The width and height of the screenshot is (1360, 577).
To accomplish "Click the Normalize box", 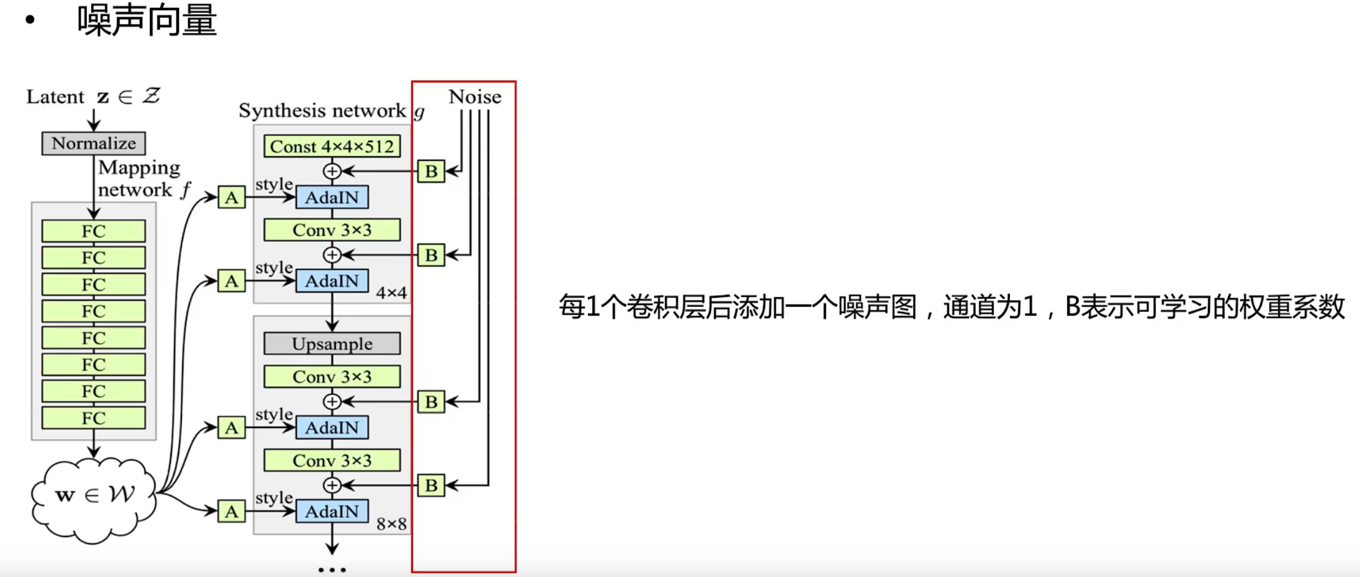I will tap(93, 143).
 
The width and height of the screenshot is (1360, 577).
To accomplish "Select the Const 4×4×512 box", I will tap(332, 146).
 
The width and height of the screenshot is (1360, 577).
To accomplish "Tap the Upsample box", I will tap(332, 343).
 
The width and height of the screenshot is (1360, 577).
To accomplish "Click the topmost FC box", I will tap(93, 231).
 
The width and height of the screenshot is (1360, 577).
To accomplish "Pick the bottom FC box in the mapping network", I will tap(93, 418).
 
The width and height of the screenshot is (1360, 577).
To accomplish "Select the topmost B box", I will tap(431, 171).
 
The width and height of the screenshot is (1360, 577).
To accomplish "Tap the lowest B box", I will tap(431, 485).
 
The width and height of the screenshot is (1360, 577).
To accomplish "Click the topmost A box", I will tap(231, 197).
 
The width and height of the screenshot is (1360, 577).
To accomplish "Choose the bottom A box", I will tap(231, 511).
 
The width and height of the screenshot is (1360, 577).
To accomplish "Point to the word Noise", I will tap(474, 97).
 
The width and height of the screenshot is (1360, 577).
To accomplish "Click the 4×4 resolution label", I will tap(391, 293).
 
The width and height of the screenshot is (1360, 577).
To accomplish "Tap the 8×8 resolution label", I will tap(391, 524).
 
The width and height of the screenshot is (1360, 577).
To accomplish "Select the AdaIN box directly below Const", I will tap(332, 197).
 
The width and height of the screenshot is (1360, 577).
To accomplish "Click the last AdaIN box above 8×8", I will tap(332, 511).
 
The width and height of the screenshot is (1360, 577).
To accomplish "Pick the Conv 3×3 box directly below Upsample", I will tap(332, 376).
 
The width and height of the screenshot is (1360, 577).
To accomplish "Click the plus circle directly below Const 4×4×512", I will tap(332, 171).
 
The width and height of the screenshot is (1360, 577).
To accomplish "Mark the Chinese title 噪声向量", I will tap(147, 20).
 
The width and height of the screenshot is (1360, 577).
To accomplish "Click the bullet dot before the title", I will tap(30, 20).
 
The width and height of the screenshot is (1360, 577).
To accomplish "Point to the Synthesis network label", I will tap(322, 111).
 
